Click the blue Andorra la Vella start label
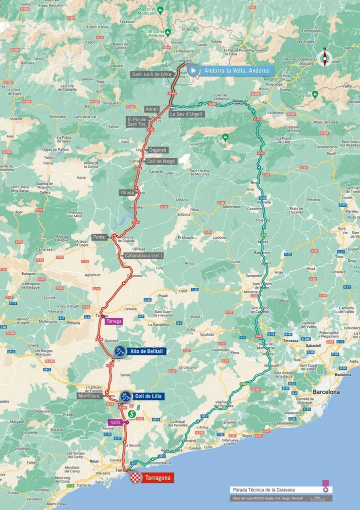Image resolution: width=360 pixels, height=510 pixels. pos(236,71)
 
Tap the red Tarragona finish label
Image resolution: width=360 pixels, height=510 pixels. pos(158,478)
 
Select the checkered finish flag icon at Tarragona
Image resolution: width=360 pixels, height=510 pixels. pos(135,478)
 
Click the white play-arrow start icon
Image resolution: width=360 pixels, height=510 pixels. pos(192,71)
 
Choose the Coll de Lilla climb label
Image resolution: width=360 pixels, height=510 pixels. pos(149,396)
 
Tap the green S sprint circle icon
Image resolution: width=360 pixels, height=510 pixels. pos(131,414)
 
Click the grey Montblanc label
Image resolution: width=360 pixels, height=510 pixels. pos(89,395)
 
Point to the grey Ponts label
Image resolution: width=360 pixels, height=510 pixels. pos(99,237)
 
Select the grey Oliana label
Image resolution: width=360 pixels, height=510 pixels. pos(126,192)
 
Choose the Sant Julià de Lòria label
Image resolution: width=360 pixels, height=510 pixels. pos(150,74)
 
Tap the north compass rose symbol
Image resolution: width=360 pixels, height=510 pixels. pos(324,58)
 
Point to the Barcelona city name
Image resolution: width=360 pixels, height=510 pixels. pos(326,391)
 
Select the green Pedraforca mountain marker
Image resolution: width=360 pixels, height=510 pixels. pos(225,136)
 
